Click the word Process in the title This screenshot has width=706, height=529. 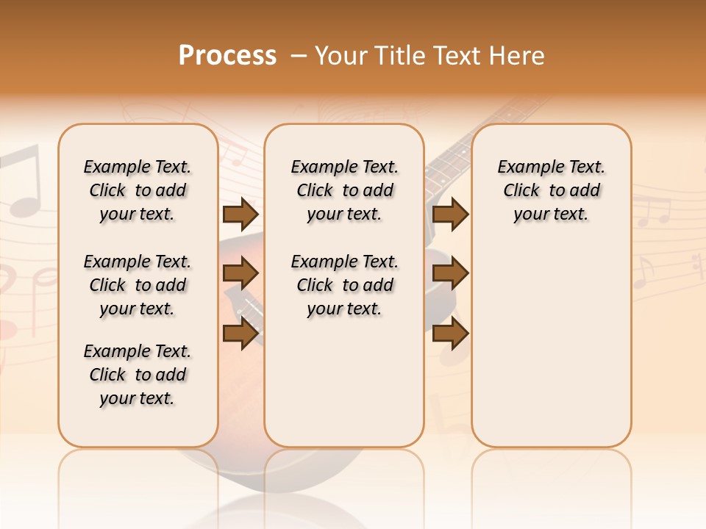[x=227, y=56]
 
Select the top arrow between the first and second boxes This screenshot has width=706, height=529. [x=240, y=215]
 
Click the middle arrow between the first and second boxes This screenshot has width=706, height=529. [x=240, y=274]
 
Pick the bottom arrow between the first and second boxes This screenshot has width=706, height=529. [x=240, y=334]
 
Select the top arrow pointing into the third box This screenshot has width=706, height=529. [x=450, y=215]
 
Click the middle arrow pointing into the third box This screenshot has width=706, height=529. [x=450, y=274]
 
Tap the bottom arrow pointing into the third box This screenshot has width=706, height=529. [x=450, y=334]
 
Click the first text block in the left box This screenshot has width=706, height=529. [x=138, y=190]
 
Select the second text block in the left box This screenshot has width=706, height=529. [x=138, y=285]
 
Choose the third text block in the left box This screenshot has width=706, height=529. [x=138, y=375]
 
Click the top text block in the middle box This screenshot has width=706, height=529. [x=344, y=190]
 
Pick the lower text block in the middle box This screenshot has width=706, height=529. [x=344, y=285]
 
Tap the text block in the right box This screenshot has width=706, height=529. [x=551, y=190]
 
